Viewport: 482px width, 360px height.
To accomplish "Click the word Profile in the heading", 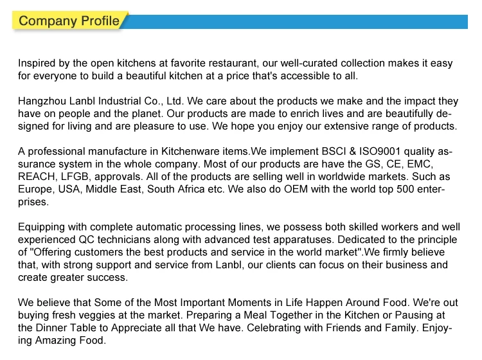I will (99, 21).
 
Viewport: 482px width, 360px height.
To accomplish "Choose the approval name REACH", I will (37, 177).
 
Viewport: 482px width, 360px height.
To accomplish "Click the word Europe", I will (36, 190).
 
